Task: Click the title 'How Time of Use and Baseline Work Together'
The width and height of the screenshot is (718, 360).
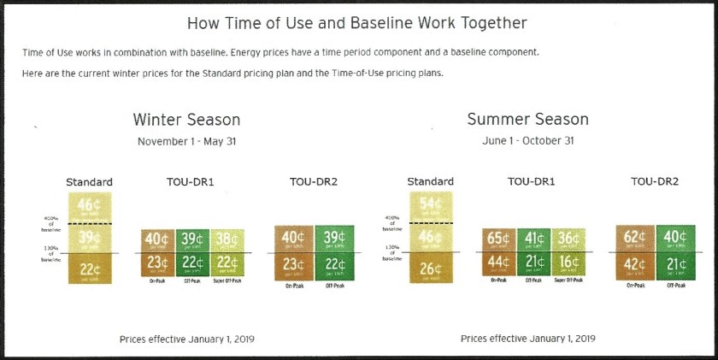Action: [x=356, y=23]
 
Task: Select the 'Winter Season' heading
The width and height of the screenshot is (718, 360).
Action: [x=186, y=120]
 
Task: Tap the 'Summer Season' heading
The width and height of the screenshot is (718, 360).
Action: [x=527, y=120]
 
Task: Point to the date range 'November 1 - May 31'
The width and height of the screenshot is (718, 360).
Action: [x=186, y=141]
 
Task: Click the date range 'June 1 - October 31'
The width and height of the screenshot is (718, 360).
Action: [x=528, y=141]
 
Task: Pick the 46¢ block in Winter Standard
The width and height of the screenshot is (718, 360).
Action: [x=90, y=206]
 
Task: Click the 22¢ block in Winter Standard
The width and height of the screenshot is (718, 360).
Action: [x=90, y=270]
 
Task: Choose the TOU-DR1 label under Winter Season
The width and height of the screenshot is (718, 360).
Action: [x=192, y=182]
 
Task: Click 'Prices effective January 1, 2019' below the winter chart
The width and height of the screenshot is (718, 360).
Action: [x=186, y=339]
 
